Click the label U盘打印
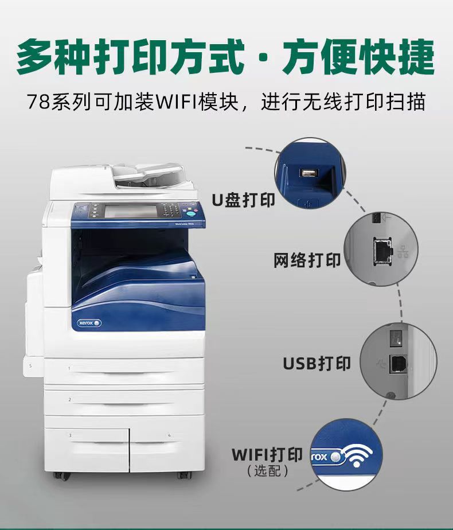(243, 200)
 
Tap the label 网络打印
(307, 260)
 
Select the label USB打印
(317, 363)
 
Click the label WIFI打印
(267, 455)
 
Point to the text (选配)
(267, 471)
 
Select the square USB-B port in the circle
(396, 362)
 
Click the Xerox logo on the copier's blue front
(88, 323)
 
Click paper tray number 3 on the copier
(87, 443)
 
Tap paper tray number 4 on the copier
(167, 443)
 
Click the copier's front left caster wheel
(59, 476)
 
